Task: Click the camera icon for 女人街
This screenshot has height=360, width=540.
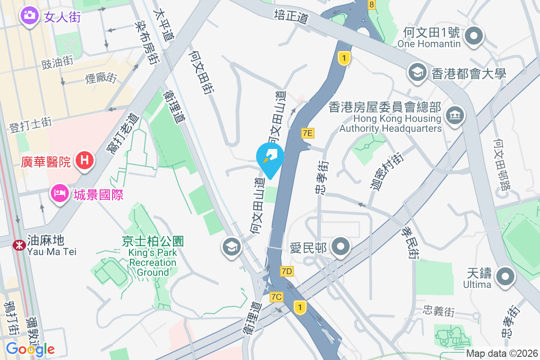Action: (x=29, y=15)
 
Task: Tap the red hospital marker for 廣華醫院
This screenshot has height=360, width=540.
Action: (x=84, y=160)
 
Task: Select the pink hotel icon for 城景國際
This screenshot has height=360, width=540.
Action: (x=59, y=194)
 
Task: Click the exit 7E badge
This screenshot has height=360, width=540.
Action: (x=307, y=132)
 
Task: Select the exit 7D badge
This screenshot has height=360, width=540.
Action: (x=286, y=271)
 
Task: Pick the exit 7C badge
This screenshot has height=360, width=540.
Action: (x=276, y=297)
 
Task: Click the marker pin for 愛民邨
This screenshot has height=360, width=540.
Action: (x=341, y=246)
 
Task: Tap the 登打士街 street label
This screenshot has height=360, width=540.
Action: (x=31, y=125)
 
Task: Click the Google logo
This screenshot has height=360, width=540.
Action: (x=30, y=349)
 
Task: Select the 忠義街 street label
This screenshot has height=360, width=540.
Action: (x=439, y=310)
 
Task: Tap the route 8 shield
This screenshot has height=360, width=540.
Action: (x=371, y=4)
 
